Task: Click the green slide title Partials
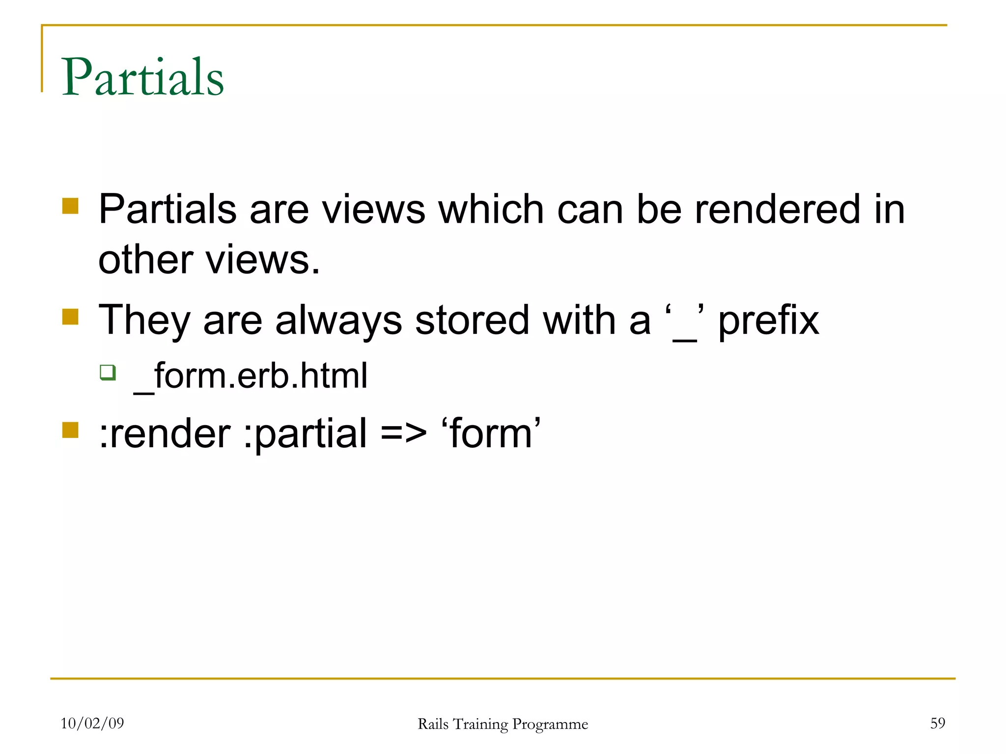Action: point(142,77)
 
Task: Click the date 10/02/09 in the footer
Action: point(92,723)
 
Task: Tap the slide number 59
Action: point(937,723)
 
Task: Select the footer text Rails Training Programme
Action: point(503,724)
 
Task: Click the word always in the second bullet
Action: point(338,320)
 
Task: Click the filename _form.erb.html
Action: point(251,376)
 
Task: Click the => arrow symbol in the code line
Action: point(403,434)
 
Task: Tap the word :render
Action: point(165,434)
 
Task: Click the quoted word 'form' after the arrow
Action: point(491,434)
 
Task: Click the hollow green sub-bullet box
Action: point(108,372)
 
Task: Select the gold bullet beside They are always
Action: point(71,317)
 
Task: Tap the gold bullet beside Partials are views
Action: point(71,206)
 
